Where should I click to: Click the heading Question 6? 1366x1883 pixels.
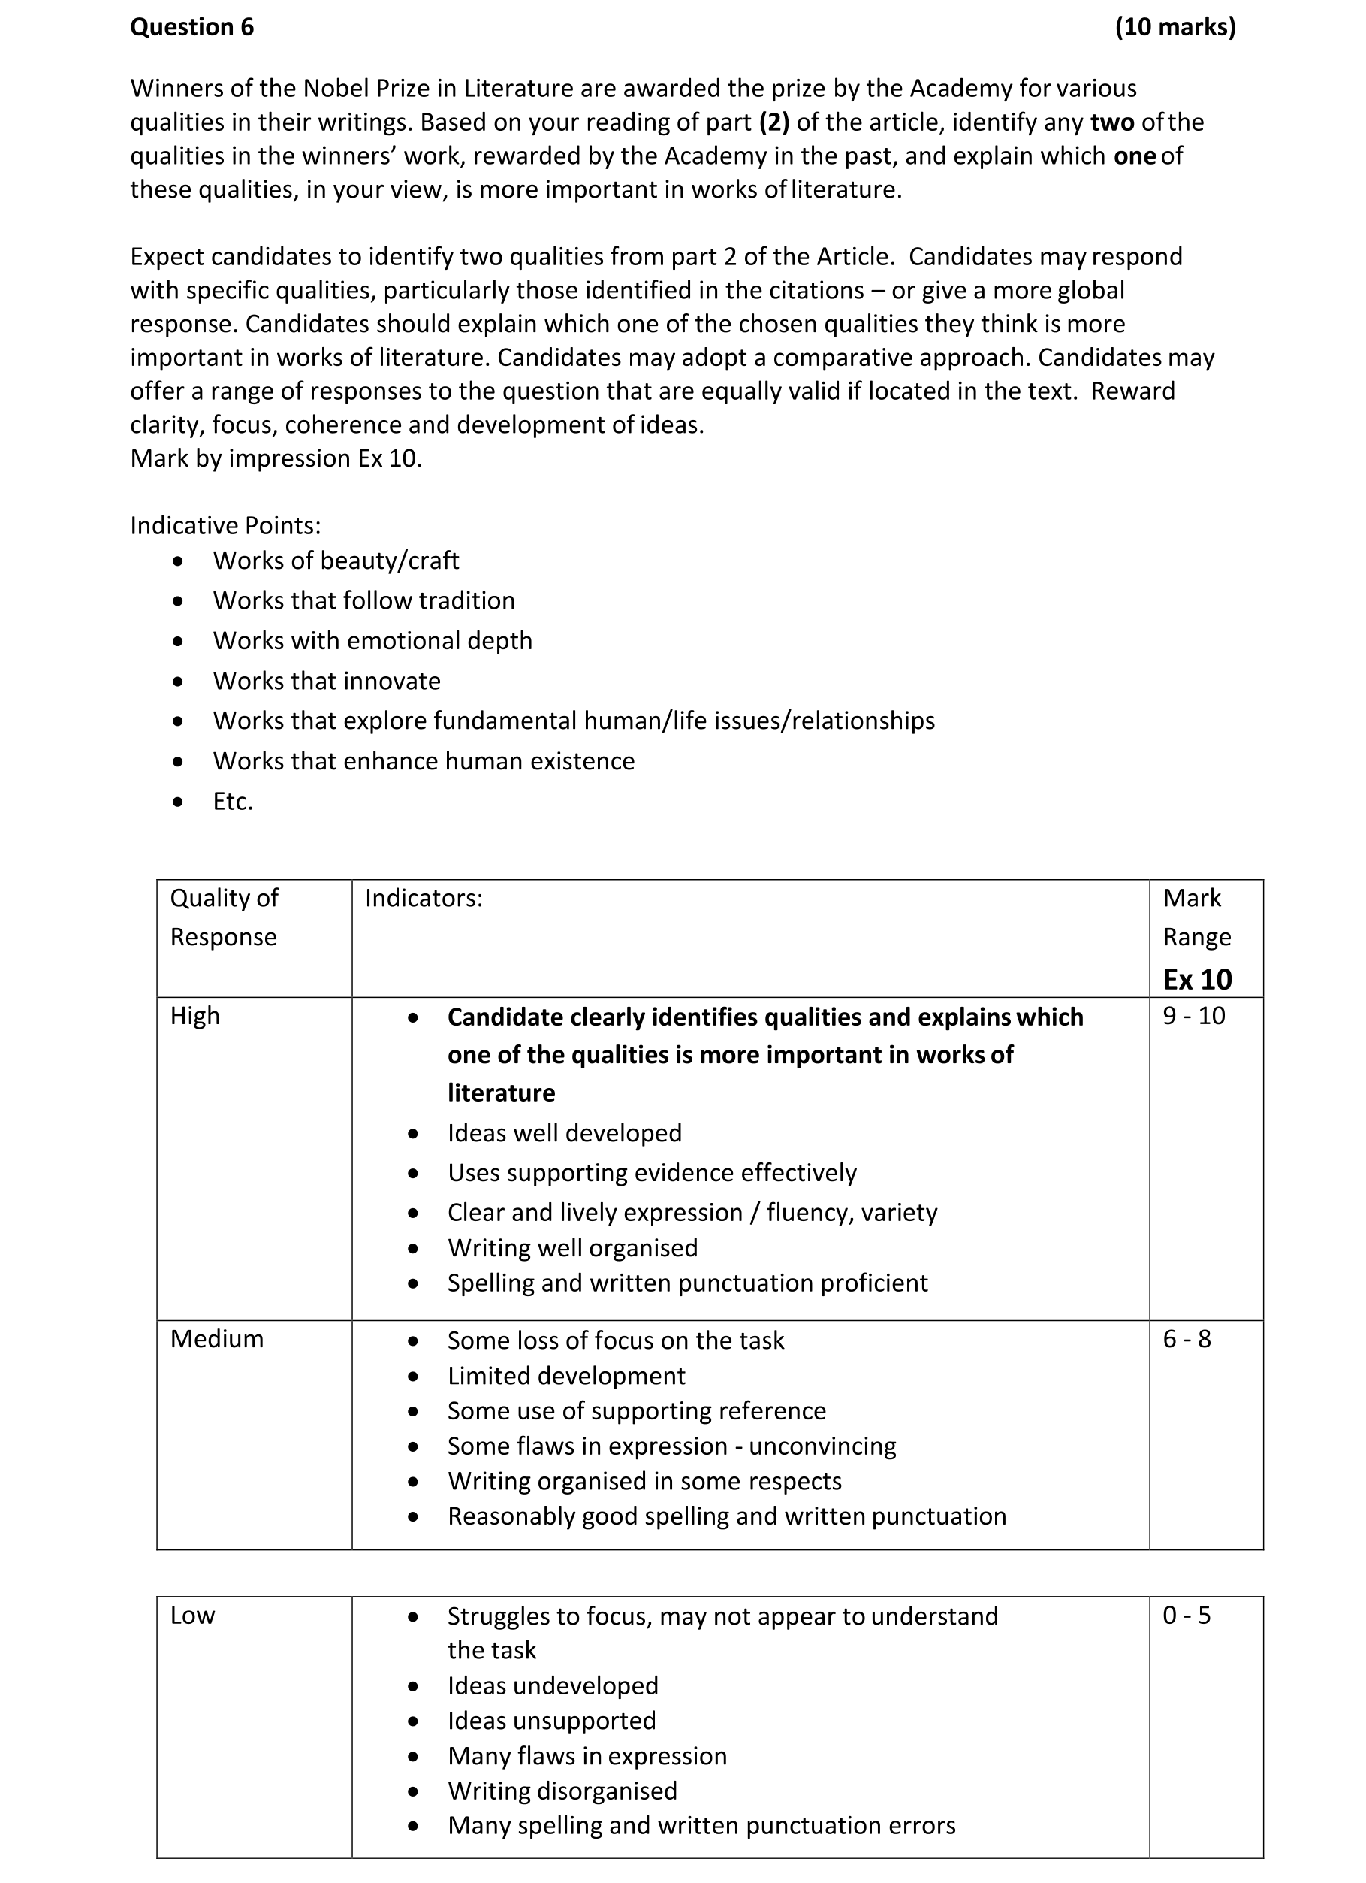[x=191, y=27]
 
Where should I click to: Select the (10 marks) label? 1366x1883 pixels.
[x=1175, y=27]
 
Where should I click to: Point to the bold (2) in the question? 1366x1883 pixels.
[x=773, y=122]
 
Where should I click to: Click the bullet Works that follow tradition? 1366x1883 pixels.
[x=363, y=600]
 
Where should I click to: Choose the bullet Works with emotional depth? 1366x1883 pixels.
[x=372, y=641]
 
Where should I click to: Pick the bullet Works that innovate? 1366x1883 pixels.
[x=327, y=681]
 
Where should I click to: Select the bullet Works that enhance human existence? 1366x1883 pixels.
[x=424, y=761]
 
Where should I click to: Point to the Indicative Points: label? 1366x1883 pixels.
[x=225, y=525]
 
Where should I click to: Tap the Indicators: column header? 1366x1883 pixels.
[x=424, y=899]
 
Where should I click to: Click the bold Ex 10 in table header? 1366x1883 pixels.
[x=1197, y=980]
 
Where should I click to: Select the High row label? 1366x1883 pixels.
[x=195, y=1016]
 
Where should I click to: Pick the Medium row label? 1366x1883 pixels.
[x=216, y=1339]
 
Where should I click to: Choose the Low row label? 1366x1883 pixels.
[x=192, y=1616]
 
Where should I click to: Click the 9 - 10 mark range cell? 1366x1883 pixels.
[x=1193, y=1016]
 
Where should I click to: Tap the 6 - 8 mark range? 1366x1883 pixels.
[x=1186, y=1339]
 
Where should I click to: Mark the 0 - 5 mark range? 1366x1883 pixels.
[x=1186, y=1616]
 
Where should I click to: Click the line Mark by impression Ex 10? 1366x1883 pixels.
[x=276, y=458]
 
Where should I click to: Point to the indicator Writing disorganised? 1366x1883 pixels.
[x=562, y=1791]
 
